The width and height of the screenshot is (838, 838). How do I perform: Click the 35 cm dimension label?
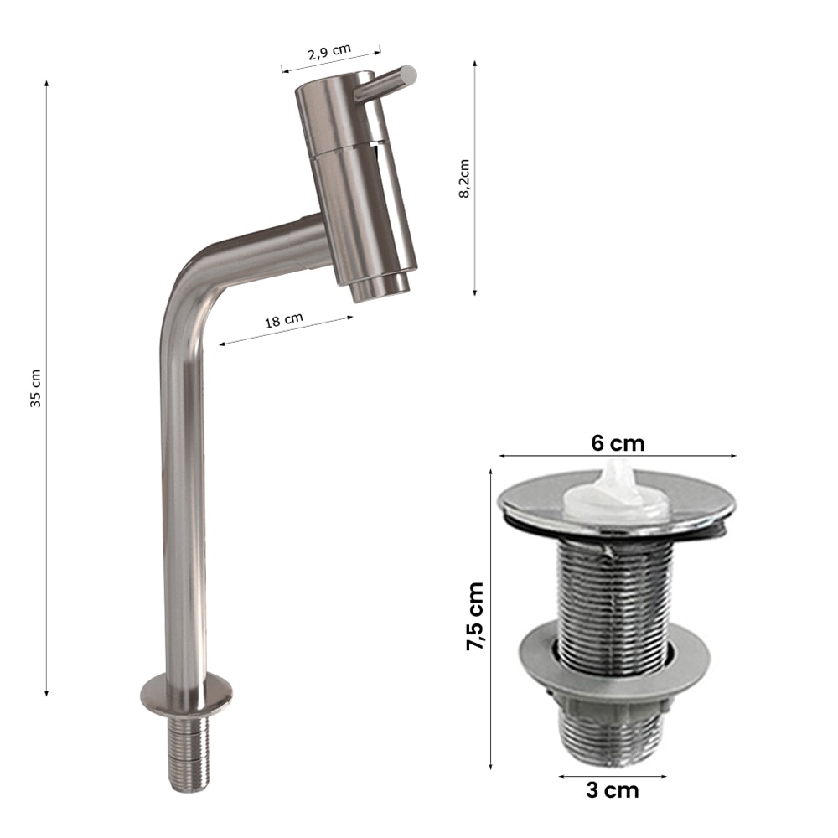click(x=35, y=389)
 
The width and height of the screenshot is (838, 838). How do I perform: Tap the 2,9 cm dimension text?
click(x=329, y=52)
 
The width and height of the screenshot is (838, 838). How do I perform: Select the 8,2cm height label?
click(x=464, y=178)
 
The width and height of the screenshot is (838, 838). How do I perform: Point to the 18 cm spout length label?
click(x=284, y=320)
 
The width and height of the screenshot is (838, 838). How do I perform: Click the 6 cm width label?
click(x=618, y=443)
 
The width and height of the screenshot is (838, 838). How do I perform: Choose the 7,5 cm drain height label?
click(x=475, y=616)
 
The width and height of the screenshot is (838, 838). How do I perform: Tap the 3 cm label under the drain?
click(x=612, y=790)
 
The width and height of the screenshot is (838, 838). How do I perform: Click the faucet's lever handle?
click(x=385, y=83)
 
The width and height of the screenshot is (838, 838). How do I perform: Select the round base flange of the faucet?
click(x=187, y=696)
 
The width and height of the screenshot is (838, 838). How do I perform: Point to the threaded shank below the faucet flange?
click(x=189, y=753)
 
